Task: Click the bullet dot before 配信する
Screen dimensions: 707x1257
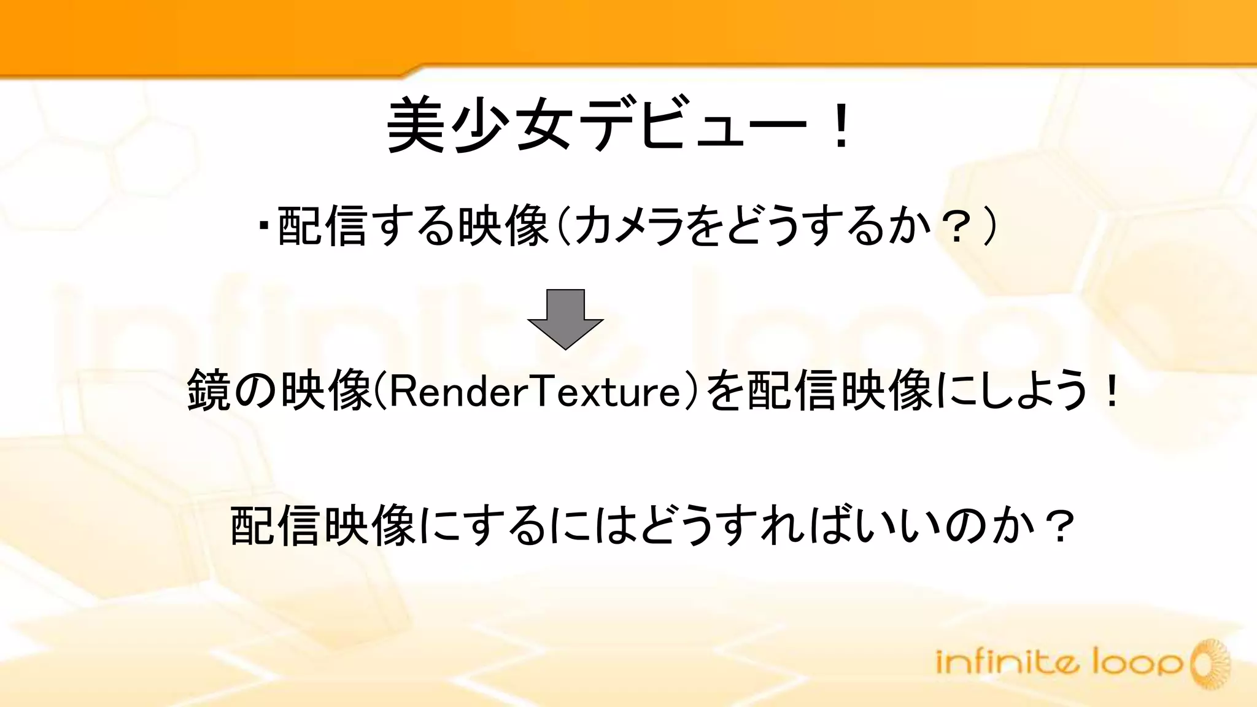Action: click(265, 225)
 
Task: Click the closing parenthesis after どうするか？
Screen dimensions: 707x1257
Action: click(989, 226)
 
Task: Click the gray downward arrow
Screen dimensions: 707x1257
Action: click(565, 319)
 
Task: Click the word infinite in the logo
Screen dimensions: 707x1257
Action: click(1007, 663)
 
